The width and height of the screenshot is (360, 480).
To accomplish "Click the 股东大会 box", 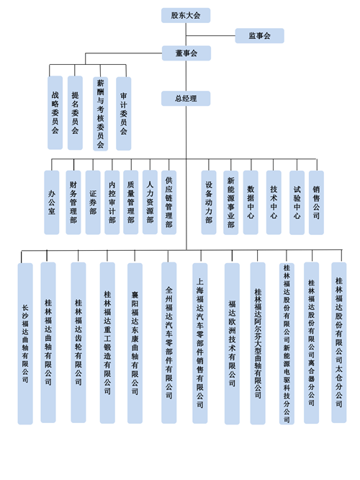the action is pos(186,15).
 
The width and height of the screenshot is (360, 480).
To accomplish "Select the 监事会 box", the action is pos(259,36).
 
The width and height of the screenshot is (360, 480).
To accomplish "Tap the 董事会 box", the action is pos(186,53).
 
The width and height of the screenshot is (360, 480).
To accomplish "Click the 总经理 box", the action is pos(186,98).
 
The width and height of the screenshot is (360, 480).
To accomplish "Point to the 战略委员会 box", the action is pos(55,112).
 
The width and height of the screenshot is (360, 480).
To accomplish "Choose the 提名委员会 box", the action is pos(75,113).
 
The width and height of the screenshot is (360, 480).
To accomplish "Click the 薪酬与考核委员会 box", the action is pos(100,114).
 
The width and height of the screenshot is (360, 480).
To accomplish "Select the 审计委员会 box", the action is pos(124,114).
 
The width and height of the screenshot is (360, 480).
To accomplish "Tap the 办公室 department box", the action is pos(51,203).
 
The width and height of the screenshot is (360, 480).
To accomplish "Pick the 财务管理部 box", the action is pos(73,203).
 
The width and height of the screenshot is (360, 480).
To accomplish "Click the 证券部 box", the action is pos(93,203).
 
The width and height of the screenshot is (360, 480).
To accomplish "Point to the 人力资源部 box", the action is pos(150,203).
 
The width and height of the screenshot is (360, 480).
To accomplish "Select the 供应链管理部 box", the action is pos(168,203).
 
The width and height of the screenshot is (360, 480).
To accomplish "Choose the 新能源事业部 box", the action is pos(230,203).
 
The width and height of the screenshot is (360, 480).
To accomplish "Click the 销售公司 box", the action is pos(316,203).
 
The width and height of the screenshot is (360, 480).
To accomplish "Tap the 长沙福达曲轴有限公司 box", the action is pos(25,344).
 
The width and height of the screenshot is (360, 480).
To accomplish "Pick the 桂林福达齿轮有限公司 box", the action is pos(78,342).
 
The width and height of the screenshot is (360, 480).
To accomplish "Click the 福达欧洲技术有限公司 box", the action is pos(232,344).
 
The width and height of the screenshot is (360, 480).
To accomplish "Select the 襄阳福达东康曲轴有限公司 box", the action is pos(135,343).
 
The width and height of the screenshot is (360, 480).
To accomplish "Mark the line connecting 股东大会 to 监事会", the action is pos(210,36).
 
